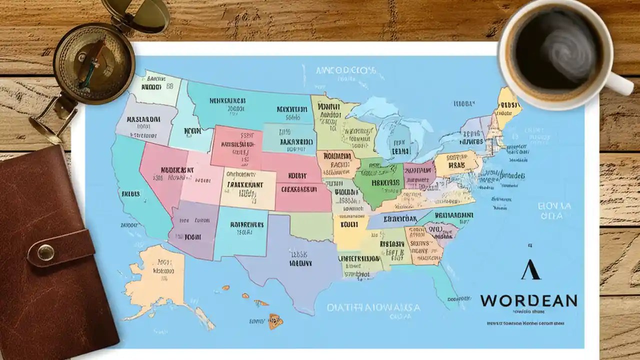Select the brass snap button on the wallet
point(45,252)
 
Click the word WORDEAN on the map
point(528,300)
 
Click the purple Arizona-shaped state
point(192,227)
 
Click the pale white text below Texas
point(373,308)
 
